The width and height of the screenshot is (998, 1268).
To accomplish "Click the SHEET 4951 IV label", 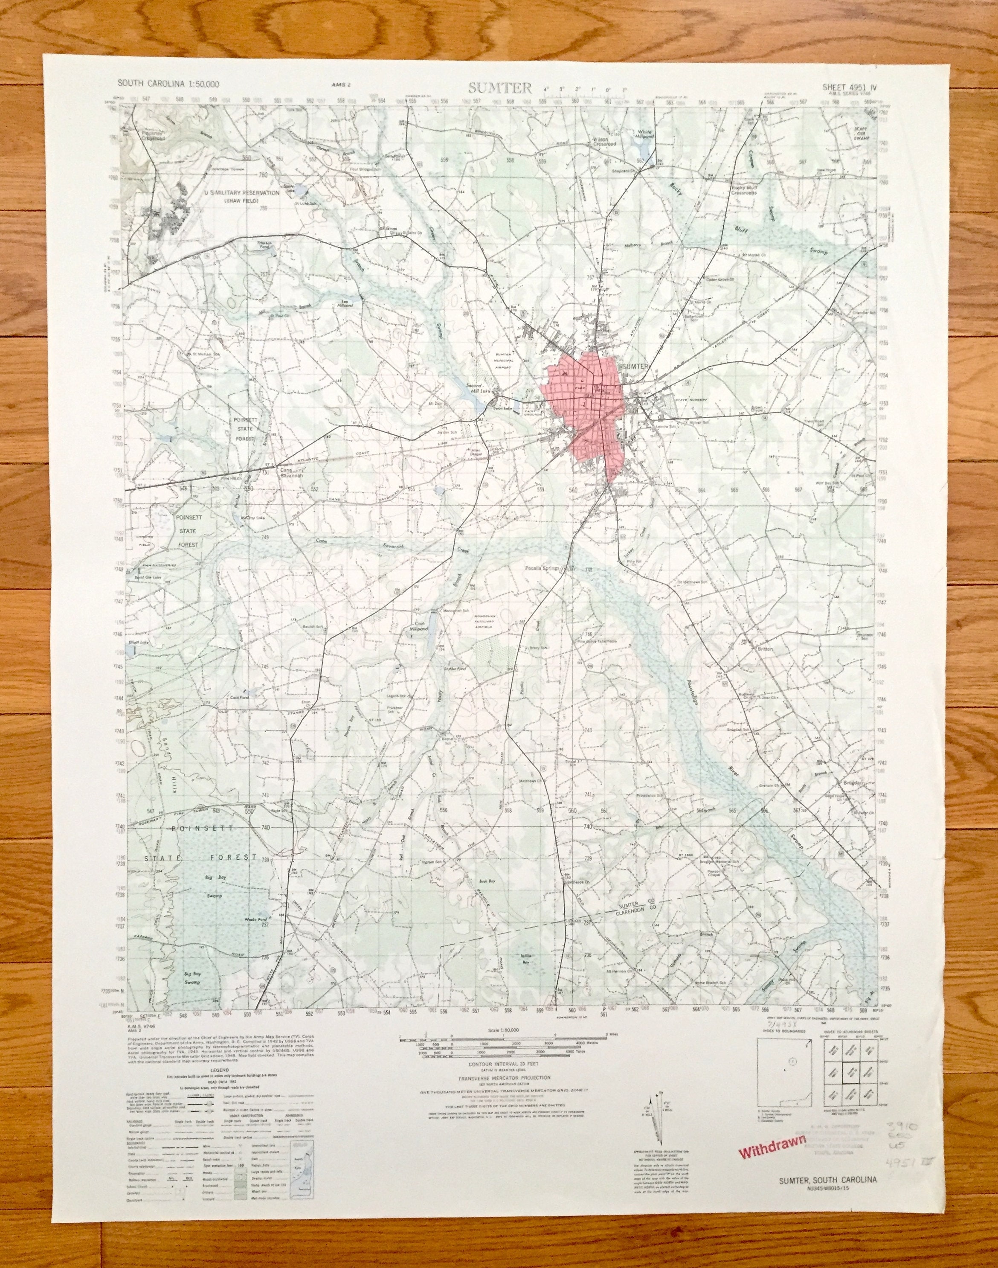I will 850,87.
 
